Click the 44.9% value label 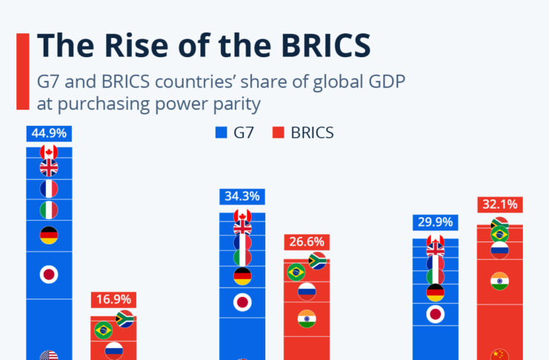pyautogui.click(x=48, y=133)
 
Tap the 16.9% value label pyautogui.click(x=113, y=299)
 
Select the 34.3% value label pyautogui.click(x=242, y=197)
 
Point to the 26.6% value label pyautogui.click(x=306, y=242)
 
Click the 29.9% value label pyautogui.click(x=436, y=222)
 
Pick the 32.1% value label pyautogui.click(x=499, y=204)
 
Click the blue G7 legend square pyautogui.click(x=220, y=133)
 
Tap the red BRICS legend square pyautogui.click(x=279, y=133)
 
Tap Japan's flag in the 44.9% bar pyautogui.click(x=49, y=275)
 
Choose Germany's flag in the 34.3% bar pyautogui.click(x=242, y=276)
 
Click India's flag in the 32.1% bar pyautogui.click(x=499, y=281)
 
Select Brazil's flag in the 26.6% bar pyautogui.click(x=296, y=272)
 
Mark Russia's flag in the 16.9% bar pyautogui.click(x=114, y=349)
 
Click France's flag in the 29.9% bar pyautogui.click(x=436, y=263)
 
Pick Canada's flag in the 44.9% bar pyautogui.click(x=49, y=152)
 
